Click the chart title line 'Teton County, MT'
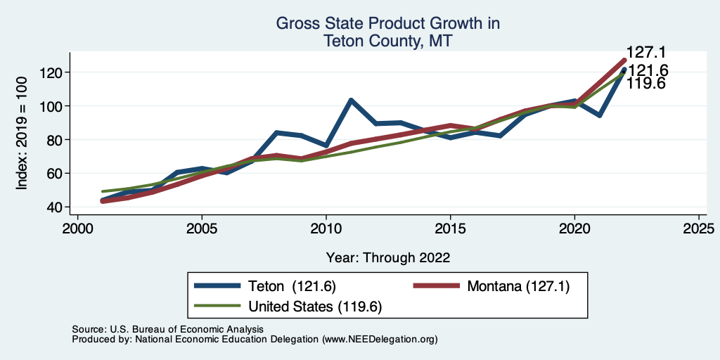click(387, 41)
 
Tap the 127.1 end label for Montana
click(646, 53)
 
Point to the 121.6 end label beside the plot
click(648, 70)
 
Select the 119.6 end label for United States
click(646, 84)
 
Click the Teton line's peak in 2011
click(351, 100)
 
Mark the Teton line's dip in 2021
click(599, 115)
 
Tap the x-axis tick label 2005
click(202, 229)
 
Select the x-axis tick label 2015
click(450, 229)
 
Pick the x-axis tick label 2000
click(77, 229)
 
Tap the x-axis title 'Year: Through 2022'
click(388, 257)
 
